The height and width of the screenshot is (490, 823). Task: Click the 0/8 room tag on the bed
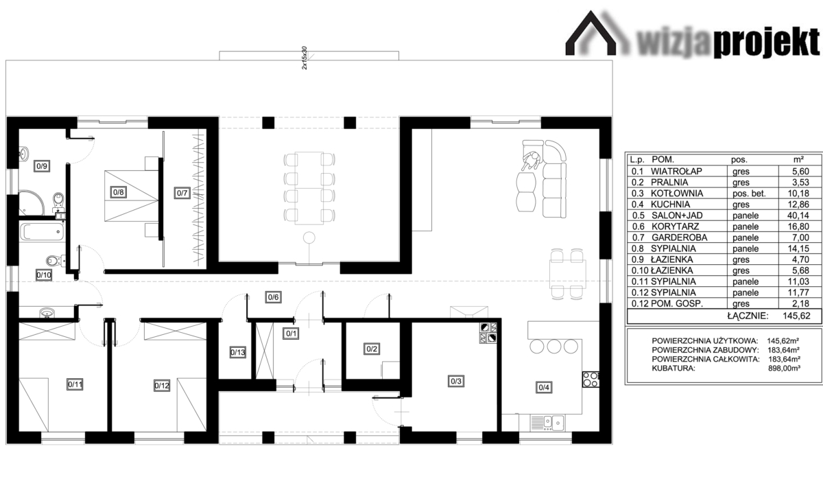[118, 192]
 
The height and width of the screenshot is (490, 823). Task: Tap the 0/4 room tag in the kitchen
[544, 387]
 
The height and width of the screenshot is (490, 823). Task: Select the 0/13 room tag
[238, 353]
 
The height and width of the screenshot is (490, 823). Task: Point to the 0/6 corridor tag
[274, 297]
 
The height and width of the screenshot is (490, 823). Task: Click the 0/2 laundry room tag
[372, 349]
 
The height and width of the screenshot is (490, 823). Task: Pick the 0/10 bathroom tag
[44, 275]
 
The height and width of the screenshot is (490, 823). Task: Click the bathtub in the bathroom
[42, 231]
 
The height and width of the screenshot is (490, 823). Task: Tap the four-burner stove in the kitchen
[591, 380]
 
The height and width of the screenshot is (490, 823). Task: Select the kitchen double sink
[553, 421]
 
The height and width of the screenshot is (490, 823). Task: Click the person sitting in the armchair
[531, 161]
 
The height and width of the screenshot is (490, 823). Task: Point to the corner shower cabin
[31, 202]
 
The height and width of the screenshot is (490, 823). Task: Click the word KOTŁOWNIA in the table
[677, 194]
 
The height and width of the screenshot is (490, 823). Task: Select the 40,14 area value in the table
[798, 215]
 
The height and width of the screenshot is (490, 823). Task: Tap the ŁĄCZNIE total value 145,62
[796, 316]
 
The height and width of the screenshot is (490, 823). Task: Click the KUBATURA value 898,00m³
[784, 368]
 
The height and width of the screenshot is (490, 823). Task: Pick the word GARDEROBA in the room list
[680, 237]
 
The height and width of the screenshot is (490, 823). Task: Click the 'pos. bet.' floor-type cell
[749, 194]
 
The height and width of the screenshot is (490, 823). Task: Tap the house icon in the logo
[591, 33]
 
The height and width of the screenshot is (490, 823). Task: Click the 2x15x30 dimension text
[304, 58]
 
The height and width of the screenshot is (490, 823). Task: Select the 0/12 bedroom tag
[162, 386]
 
